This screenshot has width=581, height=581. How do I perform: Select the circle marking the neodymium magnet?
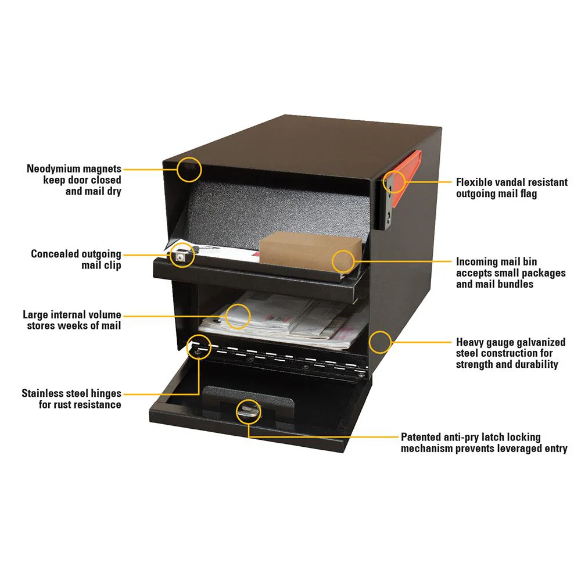(190, 169)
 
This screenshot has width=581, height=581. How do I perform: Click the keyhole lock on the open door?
(248, 411)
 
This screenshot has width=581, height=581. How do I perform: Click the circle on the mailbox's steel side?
(381, 342)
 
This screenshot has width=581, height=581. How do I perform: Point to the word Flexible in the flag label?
(476, 182)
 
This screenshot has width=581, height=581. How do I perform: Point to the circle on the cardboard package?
(343, 261)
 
